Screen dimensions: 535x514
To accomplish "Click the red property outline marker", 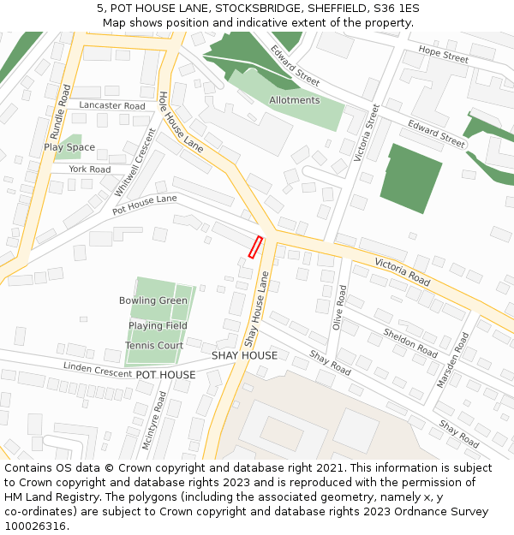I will (254, 247).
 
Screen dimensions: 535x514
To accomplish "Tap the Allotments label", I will (294, 100).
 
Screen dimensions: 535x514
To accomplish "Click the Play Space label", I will (69, 147).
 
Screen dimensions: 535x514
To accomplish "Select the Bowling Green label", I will (153, 300).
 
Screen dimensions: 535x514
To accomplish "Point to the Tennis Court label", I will (154, 346).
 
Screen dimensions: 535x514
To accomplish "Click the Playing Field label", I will (158, 326).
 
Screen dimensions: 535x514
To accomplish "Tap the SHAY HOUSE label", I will (244, 355).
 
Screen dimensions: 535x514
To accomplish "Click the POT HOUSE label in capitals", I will (165, 375).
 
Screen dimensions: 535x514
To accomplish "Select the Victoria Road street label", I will (402, 268).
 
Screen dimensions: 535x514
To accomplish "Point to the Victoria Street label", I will (365, 134).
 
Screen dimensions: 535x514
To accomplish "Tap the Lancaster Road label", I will (112, 106).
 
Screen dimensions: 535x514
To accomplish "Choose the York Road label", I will (90, 169).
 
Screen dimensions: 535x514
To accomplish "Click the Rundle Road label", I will (60, 111).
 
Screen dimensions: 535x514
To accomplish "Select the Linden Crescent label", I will (96, 368).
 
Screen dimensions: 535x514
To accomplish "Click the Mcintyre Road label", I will (159, 413).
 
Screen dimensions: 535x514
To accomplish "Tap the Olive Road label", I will (339, 307).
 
